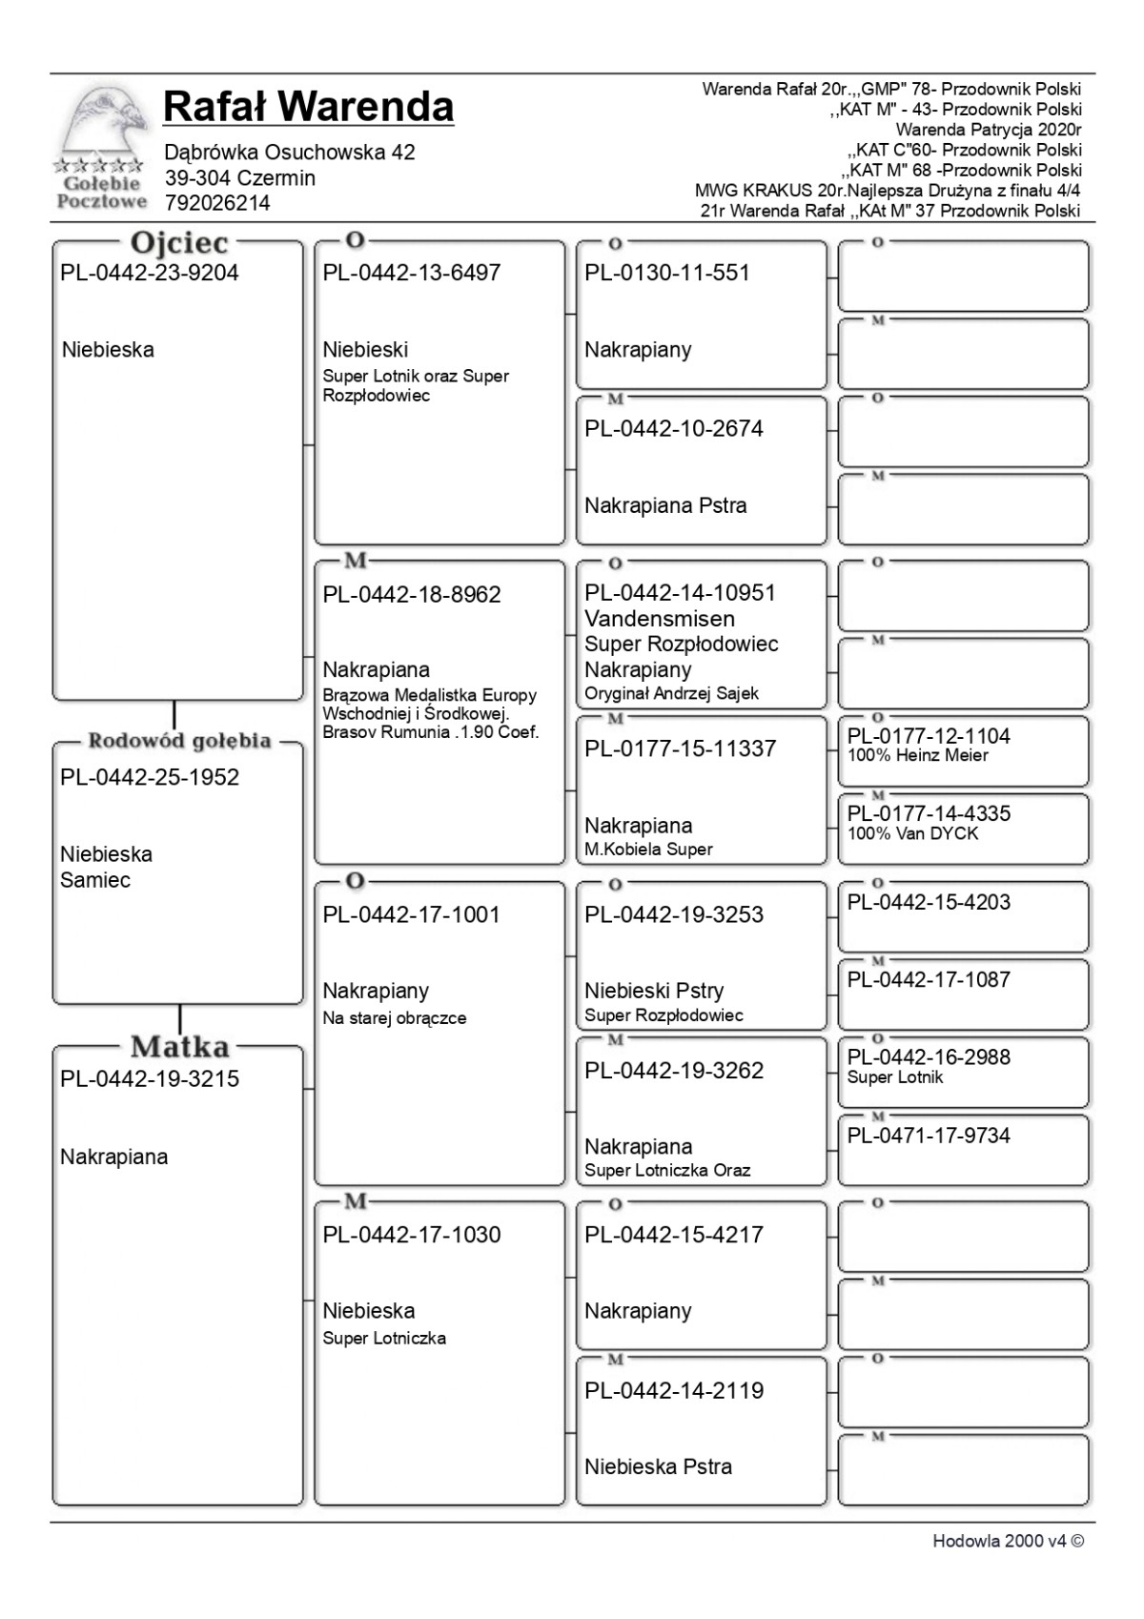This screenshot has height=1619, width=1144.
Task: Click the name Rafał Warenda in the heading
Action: tap(308, 107)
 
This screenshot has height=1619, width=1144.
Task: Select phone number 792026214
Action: tap(217, 203)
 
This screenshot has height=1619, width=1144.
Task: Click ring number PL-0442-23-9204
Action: tap(150, 274)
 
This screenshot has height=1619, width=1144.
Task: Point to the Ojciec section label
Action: tap(179, 242)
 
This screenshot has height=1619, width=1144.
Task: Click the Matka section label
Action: tap(179, 1047)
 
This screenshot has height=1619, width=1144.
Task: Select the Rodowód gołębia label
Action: tap(179, 741)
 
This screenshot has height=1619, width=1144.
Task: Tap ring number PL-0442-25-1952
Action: tap(150, 778)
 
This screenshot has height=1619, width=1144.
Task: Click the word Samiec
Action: tap(95, 880)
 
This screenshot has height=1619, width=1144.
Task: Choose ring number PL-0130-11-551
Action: tap(667, 274)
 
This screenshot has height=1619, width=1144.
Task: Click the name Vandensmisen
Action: tap(660, 619)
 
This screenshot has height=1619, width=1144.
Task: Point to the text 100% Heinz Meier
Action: tap(918, 756)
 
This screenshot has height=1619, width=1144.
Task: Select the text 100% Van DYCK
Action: tap(913, 834)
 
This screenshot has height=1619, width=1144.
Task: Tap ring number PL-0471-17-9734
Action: tap(929, 1136)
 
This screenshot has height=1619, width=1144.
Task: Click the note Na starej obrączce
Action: tap(395, 1018)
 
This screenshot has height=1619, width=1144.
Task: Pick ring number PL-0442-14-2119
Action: tap(674, 1391)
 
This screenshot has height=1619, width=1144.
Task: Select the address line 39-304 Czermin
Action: tap(240, 178)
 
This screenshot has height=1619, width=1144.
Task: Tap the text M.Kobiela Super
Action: tap(648, 850)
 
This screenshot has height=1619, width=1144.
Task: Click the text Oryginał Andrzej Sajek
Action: tap(671, 694)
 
